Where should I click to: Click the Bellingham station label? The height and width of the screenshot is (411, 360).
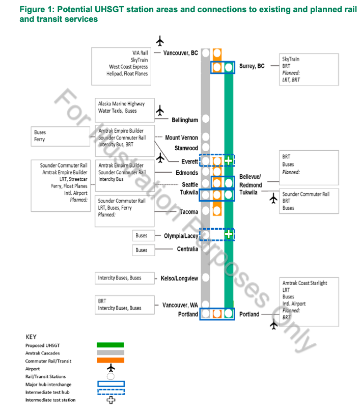click(x=184, y=120)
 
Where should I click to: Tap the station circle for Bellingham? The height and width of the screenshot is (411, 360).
click(x=206, y=119)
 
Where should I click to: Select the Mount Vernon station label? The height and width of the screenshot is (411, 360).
click(x=181, y=138)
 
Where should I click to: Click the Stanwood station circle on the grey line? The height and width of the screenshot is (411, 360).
click(x=206, y=148)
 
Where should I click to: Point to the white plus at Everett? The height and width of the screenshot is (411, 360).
click(x=229, y=161)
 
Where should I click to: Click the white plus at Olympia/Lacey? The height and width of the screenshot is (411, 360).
click(x=229, y=235)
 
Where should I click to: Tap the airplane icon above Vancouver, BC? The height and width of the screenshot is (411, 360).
click(x=160, y=41)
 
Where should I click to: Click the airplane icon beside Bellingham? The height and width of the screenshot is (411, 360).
click(x=160, y=111)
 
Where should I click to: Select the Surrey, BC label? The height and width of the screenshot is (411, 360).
click(x=252, y=66)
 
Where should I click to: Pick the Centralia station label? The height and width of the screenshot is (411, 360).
click(x=180, y=249)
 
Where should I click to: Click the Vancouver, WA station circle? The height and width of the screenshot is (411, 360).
click(x=206, y=305)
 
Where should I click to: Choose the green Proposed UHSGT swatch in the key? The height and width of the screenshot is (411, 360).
click(x=110, y=345)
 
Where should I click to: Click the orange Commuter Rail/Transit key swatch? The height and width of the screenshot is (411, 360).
click(x=110, y=361)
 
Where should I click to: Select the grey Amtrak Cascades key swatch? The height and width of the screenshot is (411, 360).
click(x=110, y=352)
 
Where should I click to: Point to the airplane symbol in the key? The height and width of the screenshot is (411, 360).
click(x=110, y=368)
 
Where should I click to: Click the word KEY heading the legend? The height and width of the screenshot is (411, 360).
click(x=31, y=337)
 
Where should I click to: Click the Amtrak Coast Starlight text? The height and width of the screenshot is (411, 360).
click(x=304, y=283)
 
